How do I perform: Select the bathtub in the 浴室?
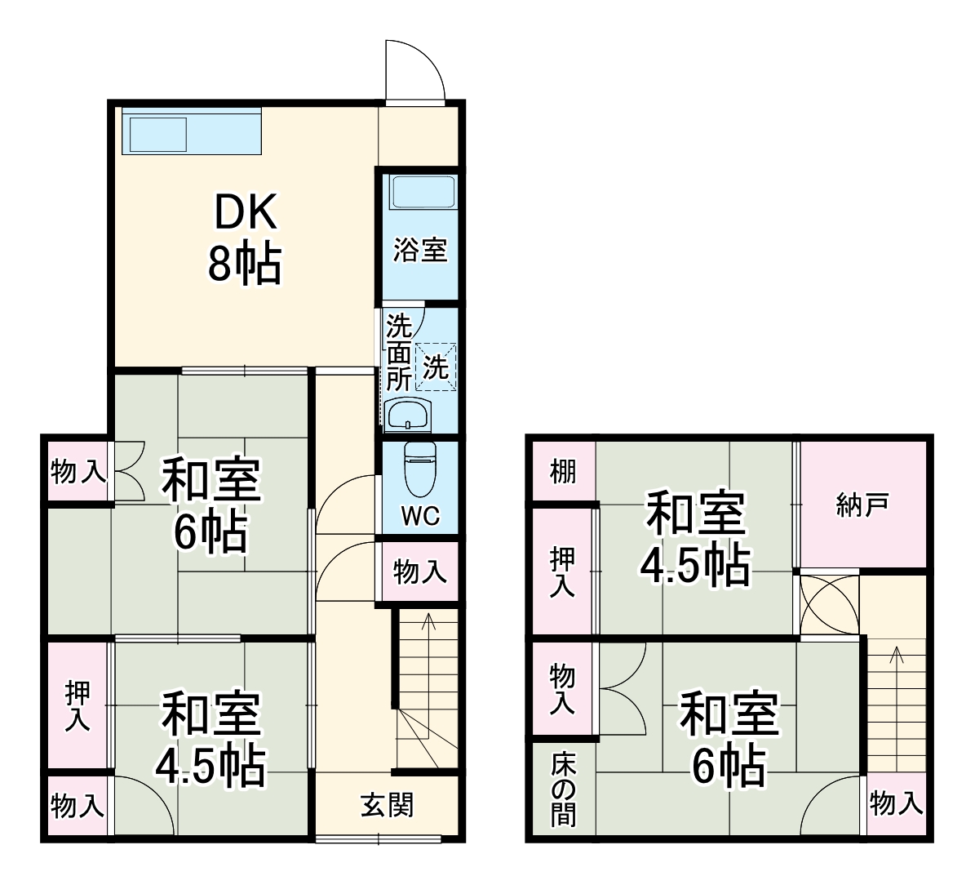(x=421, y=193)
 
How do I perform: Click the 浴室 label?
(x=420, y=250)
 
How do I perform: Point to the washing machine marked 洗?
(x=436, y=367)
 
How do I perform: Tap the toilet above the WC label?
(x=420, y=469)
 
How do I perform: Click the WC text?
(x=420, y=516)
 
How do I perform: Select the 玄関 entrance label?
(x=388, y=806)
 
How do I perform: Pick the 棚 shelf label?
(x=563, y=472)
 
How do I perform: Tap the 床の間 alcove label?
(x=563, y=789)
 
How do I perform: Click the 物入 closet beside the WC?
(x=419, y=572)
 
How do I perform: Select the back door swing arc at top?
(x=414, y=70)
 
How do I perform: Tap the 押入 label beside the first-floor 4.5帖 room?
(x=78, y=706)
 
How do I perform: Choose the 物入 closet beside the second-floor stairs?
(x=896, y=804)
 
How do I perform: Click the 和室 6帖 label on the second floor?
(x=729, y=739)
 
